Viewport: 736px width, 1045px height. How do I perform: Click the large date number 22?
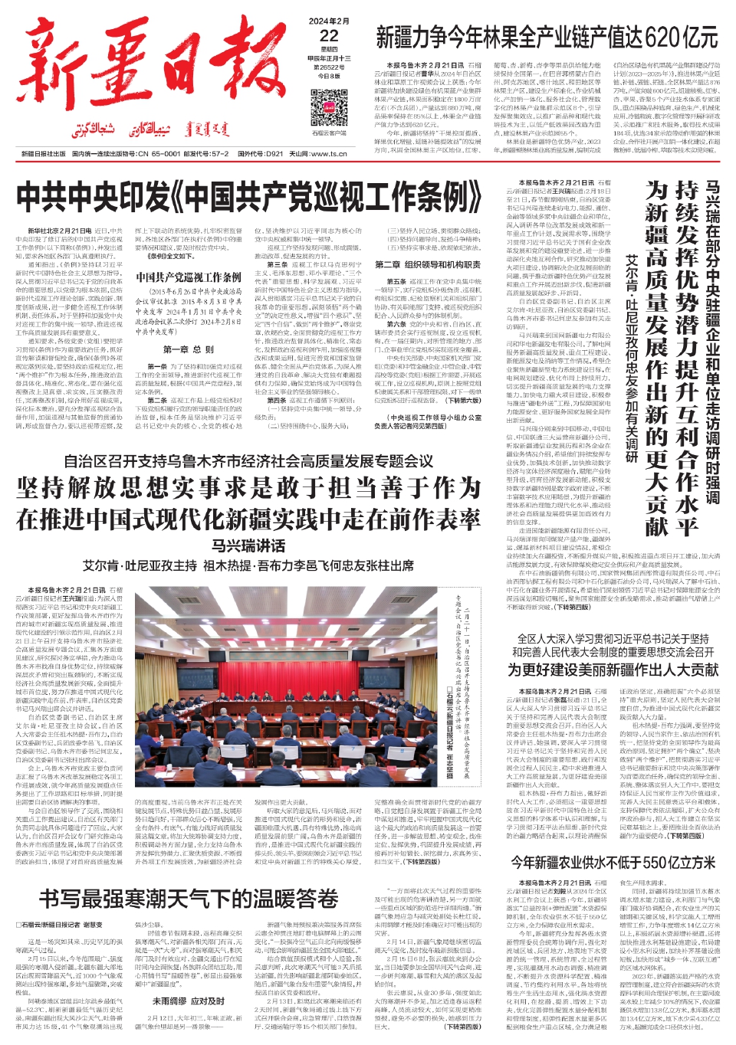pos(329,36)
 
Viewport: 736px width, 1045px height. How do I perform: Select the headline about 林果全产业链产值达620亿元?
pos(547,36)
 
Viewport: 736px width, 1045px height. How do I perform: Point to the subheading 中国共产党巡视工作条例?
pos(189,277)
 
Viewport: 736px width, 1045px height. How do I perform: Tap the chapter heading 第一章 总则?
pos(188,349)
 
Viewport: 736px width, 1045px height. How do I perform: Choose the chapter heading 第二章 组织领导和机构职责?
pos(428,264)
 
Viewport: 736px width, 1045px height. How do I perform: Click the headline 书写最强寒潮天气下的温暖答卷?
pos(189,898)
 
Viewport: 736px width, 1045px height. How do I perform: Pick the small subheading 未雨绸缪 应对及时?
pos(189,1001)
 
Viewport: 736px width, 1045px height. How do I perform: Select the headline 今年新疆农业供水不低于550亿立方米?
pos(614,861)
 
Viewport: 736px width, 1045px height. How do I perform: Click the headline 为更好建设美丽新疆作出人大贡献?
pos(614,669)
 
